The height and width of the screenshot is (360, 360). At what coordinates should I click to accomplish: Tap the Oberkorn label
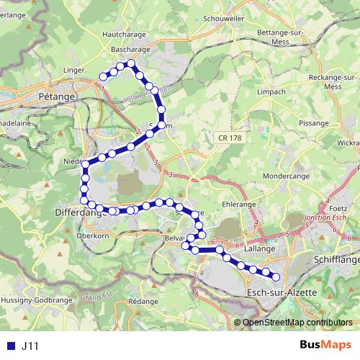(91, 235)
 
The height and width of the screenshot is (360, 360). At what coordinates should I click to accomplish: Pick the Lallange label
(260, 248)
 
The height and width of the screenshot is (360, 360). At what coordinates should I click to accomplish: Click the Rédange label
(143, 301)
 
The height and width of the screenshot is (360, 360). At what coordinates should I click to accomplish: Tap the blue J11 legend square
(9, 346)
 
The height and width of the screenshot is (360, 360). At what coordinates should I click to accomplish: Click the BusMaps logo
(324, 346)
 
